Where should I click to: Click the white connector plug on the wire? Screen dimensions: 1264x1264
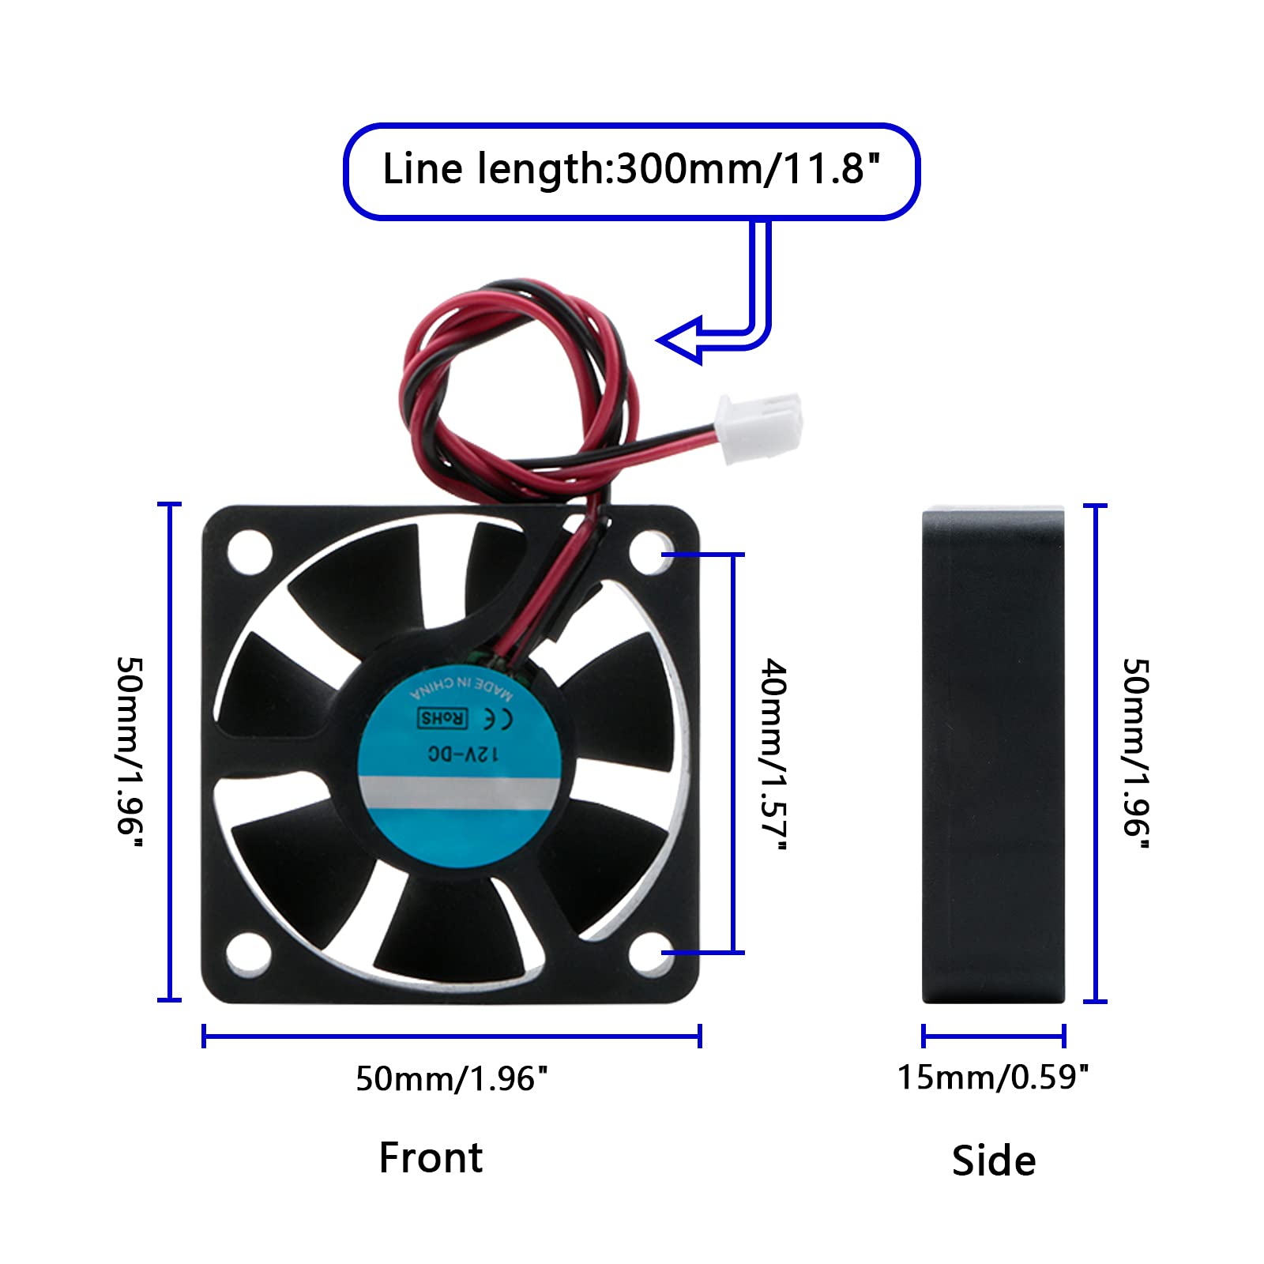tap(758, 428)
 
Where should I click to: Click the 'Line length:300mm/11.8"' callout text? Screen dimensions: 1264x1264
tap(630, 169)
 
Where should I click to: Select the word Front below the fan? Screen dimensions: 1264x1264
tap(431, 1158)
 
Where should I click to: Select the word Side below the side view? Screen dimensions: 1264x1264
tap(994, 1161)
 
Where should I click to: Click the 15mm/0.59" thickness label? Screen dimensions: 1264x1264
tap(993, 1077)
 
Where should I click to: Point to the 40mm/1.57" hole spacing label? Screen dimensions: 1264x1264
tap(773, 754)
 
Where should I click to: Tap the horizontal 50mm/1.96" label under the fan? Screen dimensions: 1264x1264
tap(451, 1078)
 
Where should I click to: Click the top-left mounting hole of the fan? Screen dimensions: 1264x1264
tap(249, 551)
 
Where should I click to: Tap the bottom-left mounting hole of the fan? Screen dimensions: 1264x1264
tap(248, 953)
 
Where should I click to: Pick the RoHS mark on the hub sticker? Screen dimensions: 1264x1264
tap(442, 718)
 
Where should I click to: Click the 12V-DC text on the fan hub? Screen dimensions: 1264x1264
tap(464, 754)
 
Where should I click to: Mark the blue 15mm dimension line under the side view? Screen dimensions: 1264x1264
tap(994, 1036)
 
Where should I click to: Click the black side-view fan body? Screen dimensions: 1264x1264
tap(994, 754)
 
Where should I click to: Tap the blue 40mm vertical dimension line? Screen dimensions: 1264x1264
tap(734, 753)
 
